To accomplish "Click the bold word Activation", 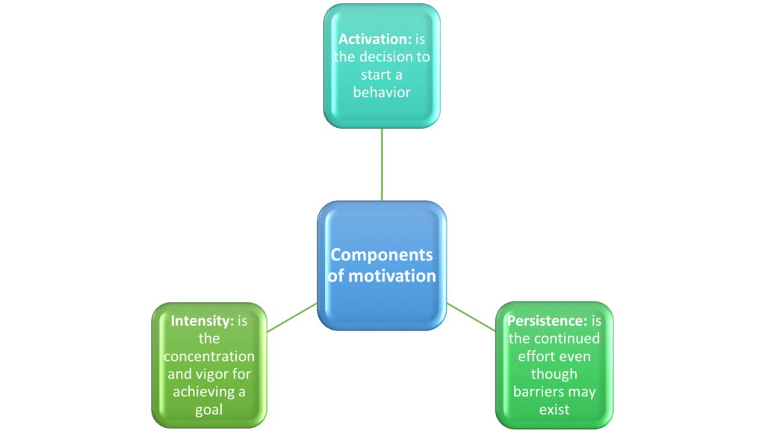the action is pos(375,39).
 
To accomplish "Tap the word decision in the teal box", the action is pos(385,57).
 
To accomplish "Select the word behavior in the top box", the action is pos(382,92).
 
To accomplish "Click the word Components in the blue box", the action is pos(382,255).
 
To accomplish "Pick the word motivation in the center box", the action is pos(392,276).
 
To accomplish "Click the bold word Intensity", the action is pos(202,322).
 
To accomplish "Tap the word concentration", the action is pos(209,357).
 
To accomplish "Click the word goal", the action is pos(209,410).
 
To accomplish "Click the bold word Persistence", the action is pos(548,321).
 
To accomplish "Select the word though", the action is pos(554,375).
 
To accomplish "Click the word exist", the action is pos(554,410).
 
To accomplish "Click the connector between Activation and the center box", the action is pos(382,165).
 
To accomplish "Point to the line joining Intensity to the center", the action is pos(292,317).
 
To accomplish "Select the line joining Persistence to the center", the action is pos(471,317).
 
